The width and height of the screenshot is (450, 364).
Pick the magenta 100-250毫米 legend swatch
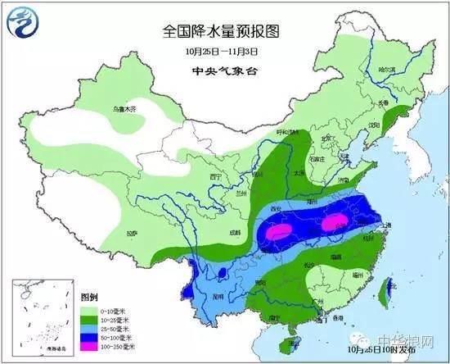[x=61, y=347]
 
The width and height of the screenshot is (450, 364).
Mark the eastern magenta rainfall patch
[x=331, y=222]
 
